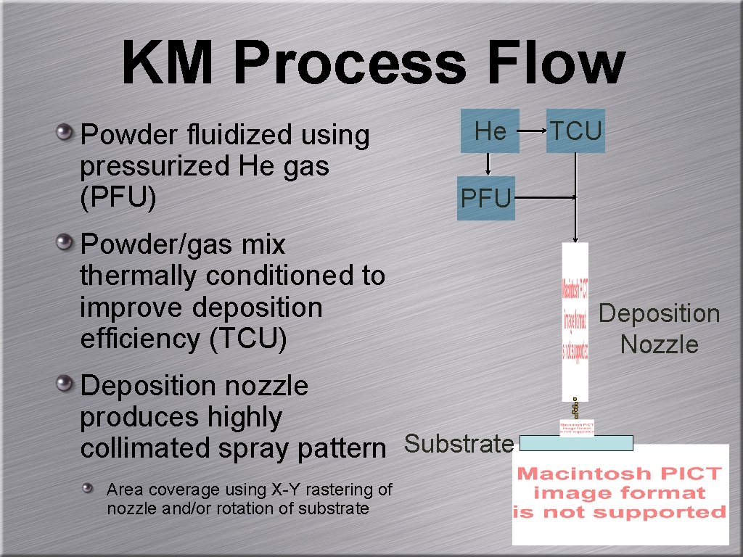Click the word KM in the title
tap(168, 64)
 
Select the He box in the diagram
tap(490, 131)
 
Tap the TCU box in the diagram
tap(575, 131)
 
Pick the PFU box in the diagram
tap(487, 198)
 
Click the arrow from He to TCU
tap(533, 131)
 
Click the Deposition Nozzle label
tap(659, 329)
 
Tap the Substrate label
tap(459, 443)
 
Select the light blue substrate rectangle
tap(577, 442)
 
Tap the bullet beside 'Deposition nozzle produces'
tap(65, 384)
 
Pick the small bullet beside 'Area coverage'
tap(88, 489)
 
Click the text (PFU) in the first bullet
tap(118, 198)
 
